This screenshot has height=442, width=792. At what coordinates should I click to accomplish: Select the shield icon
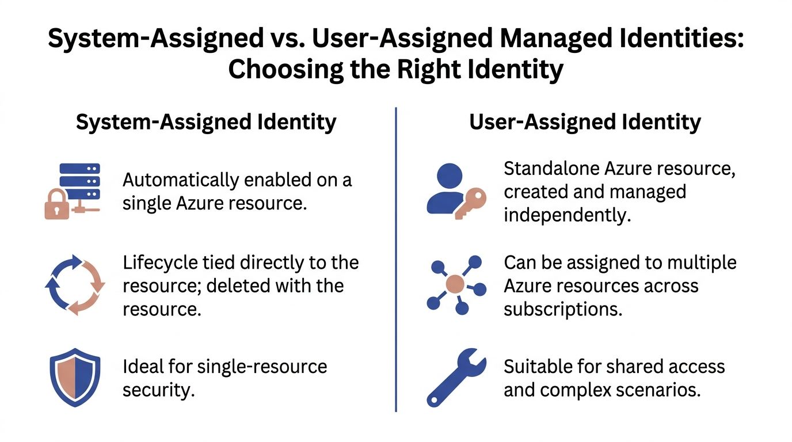click(x=75, y=378)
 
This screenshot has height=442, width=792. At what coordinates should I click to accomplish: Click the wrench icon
click(x=456, y=378)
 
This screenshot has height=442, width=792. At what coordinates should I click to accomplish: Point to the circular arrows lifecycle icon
click(x=75, y=285)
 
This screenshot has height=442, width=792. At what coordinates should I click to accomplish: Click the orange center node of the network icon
click(x=455, y=284)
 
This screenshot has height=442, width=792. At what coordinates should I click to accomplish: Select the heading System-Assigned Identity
click(x=206, y=123)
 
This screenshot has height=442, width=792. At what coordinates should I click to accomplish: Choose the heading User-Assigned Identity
click(x=585, y=123)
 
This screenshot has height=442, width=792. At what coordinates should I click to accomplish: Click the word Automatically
click(x=181, y=180)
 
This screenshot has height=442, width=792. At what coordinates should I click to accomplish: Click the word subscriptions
click(x=563, y=310)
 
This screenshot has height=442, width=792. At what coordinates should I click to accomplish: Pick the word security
click(x=159, y=390)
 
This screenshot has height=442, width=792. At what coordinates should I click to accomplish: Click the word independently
click(x=567, y=216)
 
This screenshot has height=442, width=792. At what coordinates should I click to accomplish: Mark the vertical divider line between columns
click(x=396, y=260)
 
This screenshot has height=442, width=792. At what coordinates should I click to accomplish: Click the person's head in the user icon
click(x=450, y=176)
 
